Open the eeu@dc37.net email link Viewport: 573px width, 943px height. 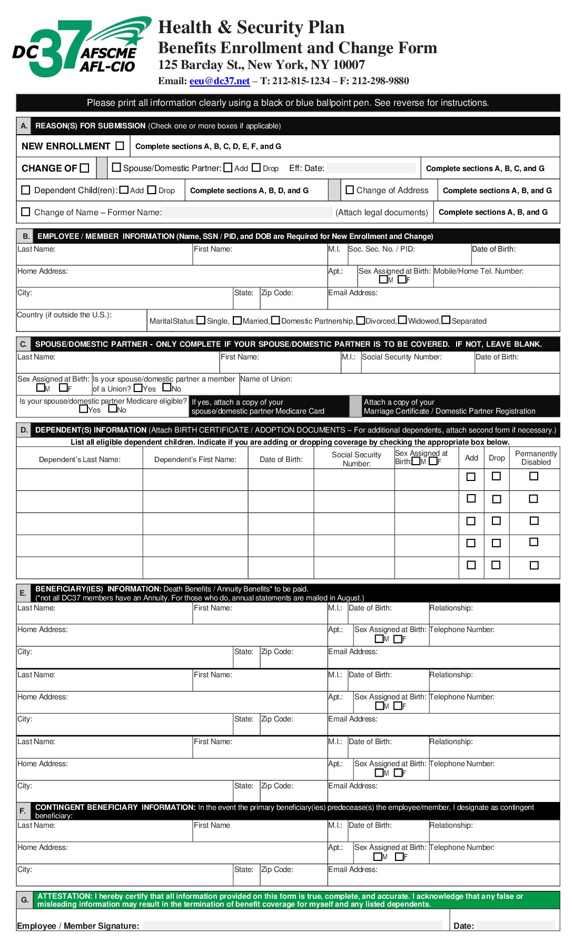[219, 81]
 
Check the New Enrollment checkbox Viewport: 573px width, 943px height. [120, 146]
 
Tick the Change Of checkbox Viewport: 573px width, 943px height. [85, 168]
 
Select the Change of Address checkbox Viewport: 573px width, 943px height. [350, 190]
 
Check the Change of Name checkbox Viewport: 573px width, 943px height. [25, 212]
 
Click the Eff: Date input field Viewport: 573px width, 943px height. [371, 168]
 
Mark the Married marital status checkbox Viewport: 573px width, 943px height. [237, 320]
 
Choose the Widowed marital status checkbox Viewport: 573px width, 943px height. [402, 320]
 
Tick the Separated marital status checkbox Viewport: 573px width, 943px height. [446, 320]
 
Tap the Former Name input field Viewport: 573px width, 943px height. [248, 212]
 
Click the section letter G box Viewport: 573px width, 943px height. [25, 900]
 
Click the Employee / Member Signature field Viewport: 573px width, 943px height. [292, 925]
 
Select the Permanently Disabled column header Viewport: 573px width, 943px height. [536, 458]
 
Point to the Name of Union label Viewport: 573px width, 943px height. [266, 379]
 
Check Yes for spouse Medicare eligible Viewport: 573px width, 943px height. [83, 409]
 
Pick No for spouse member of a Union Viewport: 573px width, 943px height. [167, 388]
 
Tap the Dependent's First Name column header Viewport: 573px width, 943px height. [195, 459]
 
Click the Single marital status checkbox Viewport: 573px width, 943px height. [201, 320]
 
